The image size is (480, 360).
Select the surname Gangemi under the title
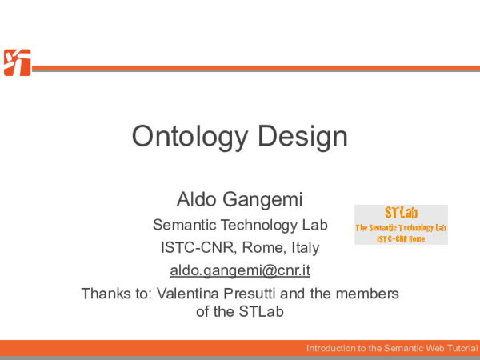260,198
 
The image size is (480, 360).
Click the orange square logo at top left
17,62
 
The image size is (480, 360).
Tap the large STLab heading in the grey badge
401,214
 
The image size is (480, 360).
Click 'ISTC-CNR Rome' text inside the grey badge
401,239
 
